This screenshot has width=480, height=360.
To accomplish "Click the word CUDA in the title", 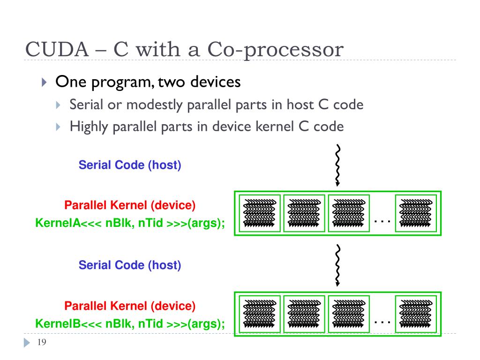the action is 57,49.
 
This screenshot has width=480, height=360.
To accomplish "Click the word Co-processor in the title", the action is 276,50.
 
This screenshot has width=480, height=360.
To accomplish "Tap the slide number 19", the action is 42,342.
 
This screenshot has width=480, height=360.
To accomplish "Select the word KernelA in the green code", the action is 58,223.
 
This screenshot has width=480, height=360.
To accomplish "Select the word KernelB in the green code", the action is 58,323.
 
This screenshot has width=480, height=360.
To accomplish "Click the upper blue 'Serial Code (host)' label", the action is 130,165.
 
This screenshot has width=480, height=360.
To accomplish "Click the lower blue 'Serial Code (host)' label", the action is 130,265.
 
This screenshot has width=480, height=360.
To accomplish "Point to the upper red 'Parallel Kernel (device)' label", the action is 130,205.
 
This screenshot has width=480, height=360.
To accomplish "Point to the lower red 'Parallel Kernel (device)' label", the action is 130,306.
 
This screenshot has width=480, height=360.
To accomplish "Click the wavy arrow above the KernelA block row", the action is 337,165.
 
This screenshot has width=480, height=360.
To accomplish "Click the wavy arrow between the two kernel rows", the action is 337,265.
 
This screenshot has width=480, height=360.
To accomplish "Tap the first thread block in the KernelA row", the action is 260,213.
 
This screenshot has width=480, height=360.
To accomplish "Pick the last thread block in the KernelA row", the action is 416,213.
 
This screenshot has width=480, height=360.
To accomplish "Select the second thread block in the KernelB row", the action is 304,314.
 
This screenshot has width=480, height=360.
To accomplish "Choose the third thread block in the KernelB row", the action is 349,314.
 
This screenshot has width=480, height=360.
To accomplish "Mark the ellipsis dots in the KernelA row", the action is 382,221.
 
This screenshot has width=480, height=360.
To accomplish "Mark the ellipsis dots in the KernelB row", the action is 382,322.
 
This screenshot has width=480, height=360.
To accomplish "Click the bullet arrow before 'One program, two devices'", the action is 44,82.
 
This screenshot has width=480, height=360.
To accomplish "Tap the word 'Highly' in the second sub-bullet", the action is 89,127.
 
